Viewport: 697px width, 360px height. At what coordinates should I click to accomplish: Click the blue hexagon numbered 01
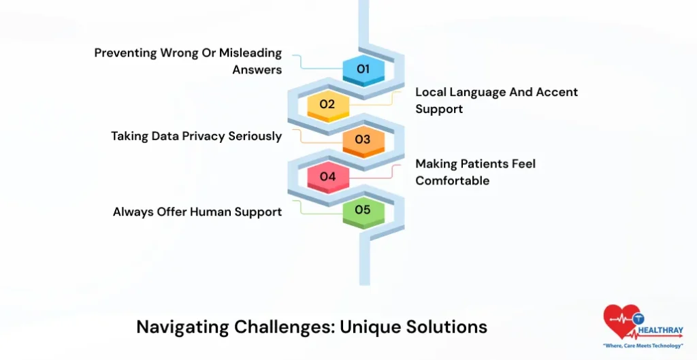click(363, 69)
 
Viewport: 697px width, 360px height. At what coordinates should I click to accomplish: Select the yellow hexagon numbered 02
click(327, 105)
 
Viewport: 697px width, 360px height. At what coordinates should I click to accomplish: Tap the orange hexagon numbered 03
click(363, 140)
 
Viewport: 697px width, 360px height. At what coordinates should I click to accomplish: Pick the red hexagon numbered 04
click(327, 176)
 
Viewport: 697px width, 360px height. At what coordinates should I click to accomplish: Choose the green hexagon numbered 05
click(363, 210)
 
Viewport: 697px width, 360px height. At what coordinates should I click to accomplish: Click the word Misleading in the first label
click(250, 54)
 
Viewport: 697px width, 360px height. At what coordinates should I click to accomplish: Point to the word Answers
click(257, 70)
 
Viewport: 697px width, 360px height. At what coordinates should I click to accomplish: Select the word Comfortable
click(452, 181)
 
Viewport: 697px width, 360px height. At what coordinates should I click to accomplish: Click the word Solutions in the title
click(450, 327)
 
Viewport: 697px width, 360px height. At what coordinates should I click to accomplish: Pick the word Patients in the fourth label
click(487, 164)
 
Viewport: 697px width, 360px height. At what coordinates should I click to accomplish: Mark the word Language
click(474, 92)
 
